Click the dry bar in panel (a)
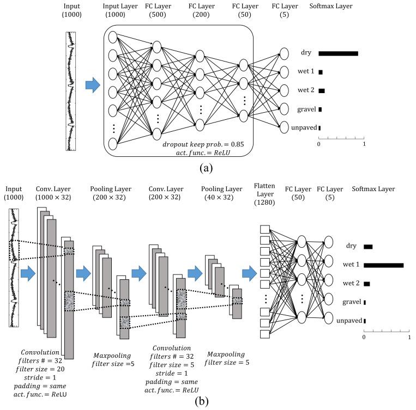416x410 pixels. (x=337, y=53)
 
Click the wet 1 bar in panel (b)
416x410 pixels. (x=383, y=265)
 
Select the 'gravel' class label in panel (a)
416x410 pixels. (x=307, y=109)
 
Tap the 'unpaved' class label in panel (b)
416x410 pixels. (x=349, y=321)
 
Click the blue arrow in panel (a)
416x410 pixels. (x=92, y=85)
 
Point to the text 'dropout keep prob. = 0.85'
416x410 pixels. (x=203, y=144)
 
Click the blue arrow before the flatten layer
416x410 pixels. (x=249, y=271)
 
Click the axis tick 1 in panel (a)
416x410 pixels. (x=364, y=145)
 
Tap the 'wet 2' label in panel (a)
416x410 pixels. (x=306, y=90)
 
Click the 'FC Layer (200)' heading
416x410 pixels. (x=200, y=10)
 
